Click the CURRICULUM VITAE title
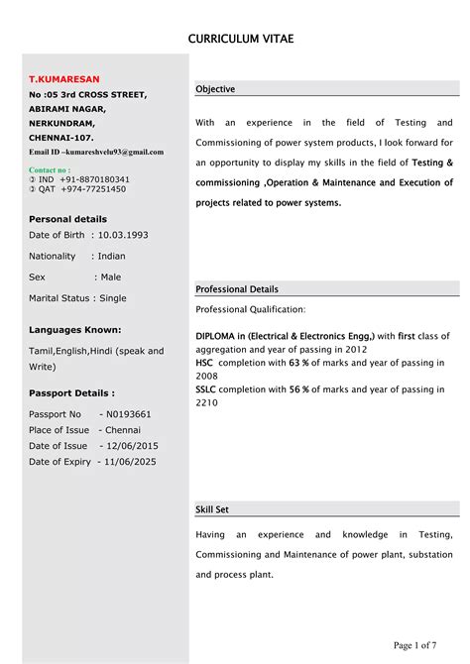(241, 39)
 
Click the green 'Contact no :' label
(57, 169)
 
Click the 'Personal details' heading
(67, 219)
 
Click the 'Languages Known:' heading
(75, 329)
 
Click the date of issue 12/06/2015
(129, 446)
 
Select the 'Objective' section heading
(215, 89)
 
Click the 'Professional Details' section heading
(237, 289)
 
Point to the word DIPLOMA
(221, 336)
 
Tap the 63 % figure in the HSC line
(297, 364)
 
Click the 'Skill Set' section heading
(212, 509)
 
